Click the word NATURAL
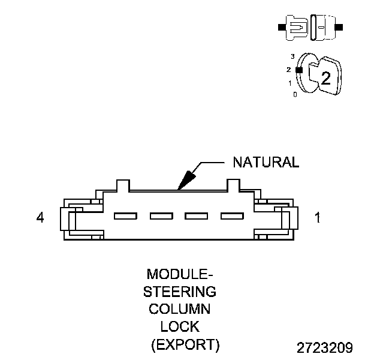[x=265, y=163]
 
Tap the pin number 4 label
[x=40, y=218]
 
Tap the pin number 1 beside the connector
[x=317, y=218]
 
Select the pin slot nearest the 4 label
[x=126, y=216]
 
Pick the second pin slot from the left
[x=161, y=216]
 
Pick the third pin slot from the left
[x=196, y=216]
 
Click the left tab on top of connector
[x=122, y=185]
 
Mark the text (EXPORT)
[x=185, y=345]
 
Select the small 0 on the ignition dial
[x=294, y=95]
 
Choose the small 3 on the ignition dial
[x=292, y=56]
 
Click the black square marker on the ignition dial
[x=298, y=70]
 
